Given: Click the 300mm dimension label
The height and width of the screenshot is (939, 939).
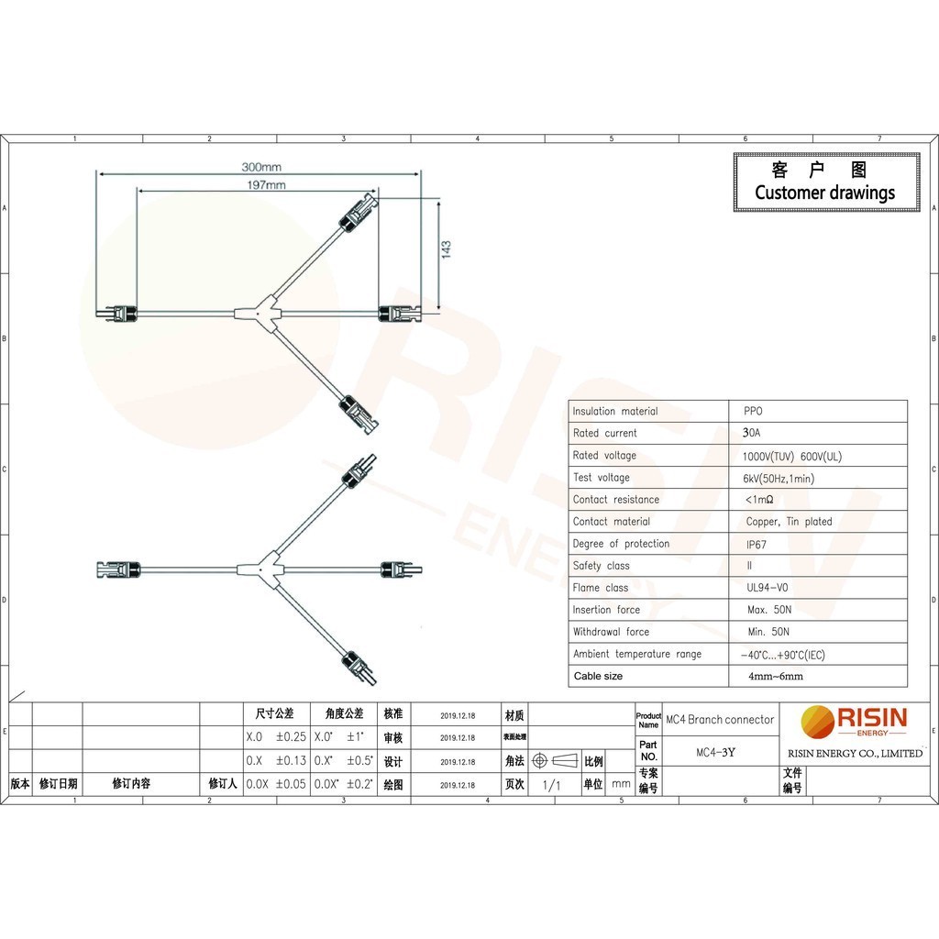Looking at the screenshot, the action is (x=261, y=168).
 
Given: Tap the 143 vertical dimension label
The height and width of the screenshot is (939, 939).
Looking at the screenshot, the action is (x=447, y=251).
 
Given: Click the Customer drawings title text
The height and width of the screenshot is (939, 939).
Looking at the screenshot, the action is (x=824, y=193).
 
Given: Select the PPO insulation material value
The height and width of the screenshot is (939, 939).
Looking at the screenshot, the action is (x=753, y=412).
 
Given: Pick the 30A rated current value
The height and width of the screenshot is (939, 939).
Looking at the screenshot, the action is (x=752, y=434).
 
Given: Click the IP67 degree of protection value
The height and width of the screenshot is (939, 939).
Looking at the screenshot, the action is (x=757, y=544).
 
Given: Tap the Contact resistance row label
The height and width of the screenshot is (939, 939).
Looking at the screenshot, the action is (x=615, y=500).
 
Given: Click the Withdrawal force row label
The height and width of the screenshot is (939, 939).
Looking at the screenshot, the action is (x=611, y=632).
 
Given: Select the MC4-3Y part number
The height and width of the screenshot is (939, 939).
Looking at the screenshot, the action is (x=715, y=753).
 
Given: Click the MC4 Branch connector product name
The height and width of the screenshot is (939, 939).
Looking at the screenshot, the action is (x=720, y=720).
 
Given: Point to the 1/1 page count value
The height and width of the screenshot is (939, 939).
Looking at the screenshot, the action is (x=551, y=785).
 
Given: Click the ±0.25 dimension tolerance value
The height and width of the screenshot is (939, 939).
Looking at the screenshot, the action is (x=291, y=737).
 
